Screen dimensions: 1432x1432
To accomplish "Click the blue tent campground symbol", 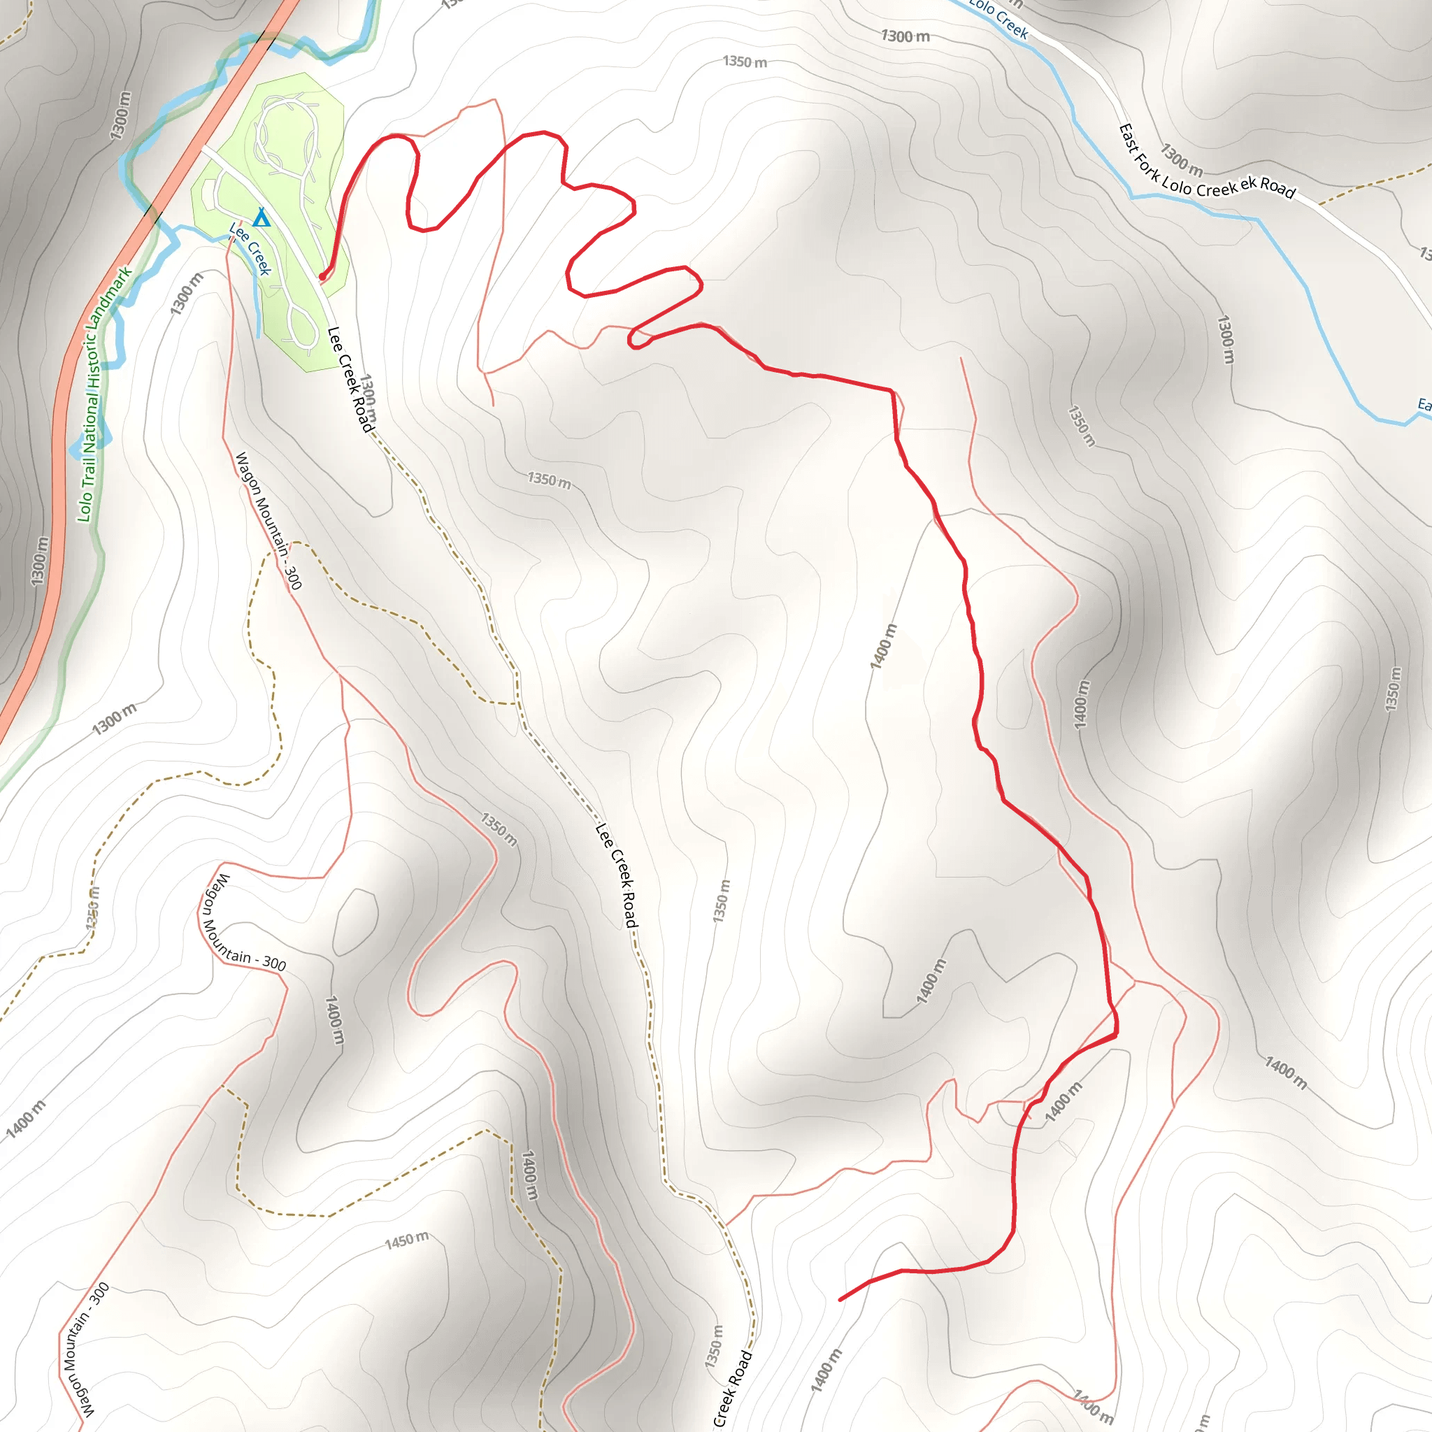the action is point(261,218).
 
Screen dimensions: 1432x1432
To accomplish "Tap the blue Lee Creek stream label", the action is point(250,248).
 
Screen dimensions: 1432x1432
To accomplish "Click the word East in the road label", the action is point(1129,138).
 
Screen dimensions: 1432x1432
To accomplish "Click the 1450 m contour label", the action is point(406,1239).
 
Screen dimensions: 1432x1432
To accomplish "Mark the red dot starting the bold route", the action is point(321,277).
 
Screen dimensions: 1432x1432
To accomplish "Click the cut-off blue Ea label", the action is point(1424,405).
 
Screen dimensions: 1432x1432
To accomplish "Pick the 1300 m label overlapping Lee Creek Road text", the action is point(368,397).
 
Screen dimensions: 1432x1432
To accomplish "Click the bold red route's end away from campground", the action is point(840,1300).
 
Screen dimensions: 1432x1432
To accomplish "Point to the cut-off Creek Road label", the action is point(731,1388).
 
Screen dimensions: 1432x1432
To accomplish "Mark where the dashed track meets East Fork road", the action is point(1319,203).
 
